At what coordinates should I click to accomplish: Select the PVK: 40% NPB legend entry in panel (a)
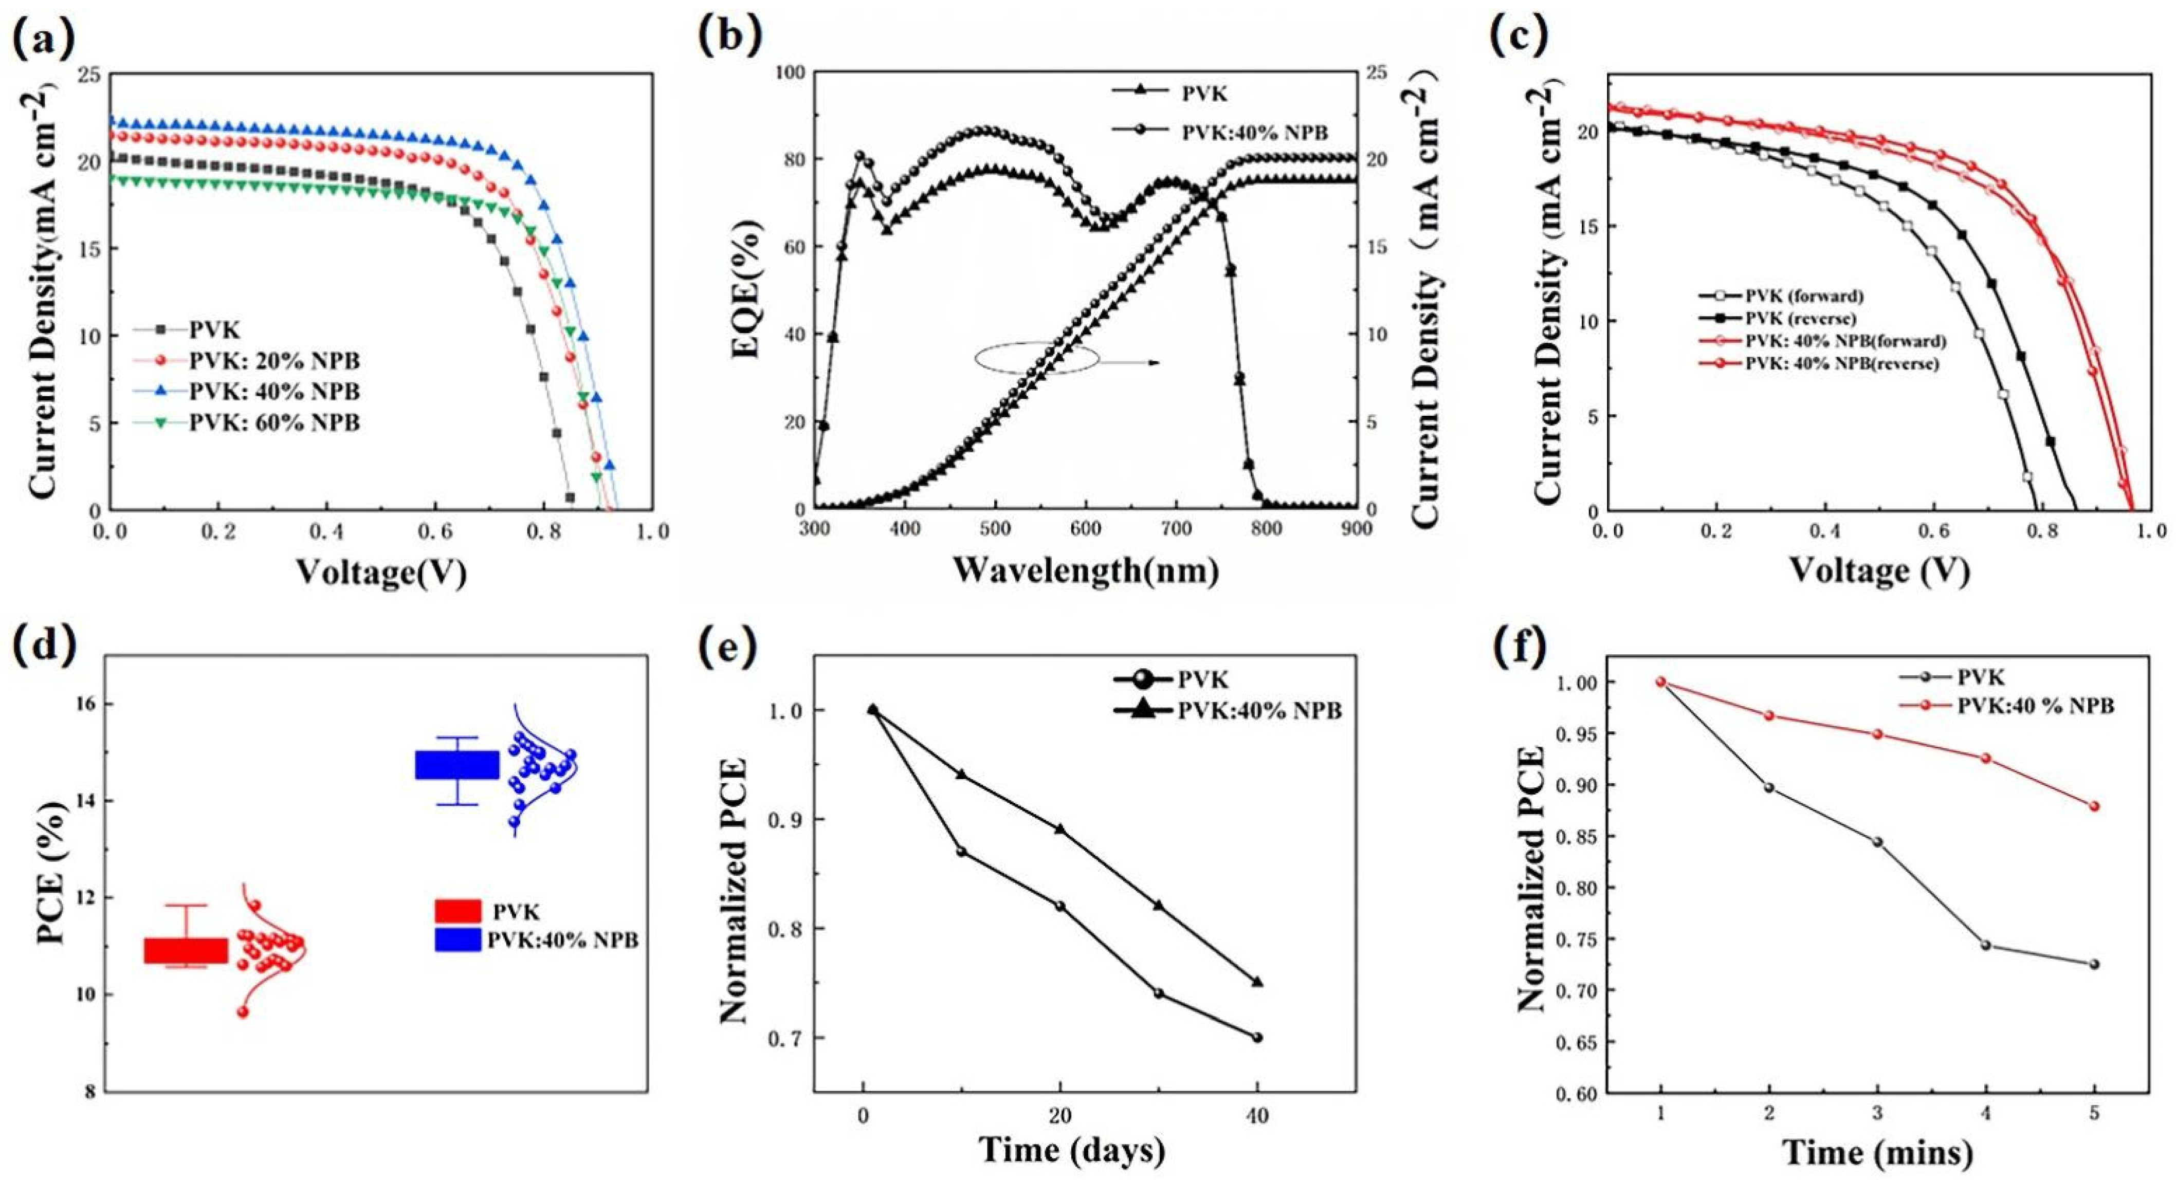click(x=275, y=391)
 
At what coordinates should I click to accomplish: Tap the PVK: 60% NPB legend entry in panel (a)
click(x=275, y=421)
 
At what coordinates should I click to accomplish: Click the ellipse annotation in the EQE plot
click(x=1036, y=358)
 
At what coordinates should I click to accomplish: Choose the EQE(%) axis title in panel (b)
click(x=748, y=296)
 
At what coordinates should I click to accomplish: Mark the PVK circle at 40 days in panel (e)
click(x=1257, y=1037)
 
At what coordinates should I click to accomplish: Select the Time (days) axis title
click(x=1071, y=1150)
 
